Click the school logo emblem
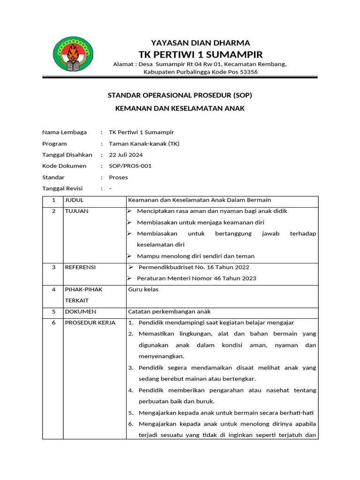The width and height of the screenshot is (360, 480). point(73,55)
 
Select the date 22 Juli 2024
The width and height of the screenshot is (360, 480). point(126,155)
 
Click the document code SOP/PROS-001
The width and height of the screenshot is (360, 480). point(130,166)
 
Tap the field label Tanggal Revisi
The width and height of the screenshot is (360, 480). point(62,188)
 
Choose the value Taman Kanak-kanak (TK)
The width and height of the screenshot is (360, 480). point(144,143)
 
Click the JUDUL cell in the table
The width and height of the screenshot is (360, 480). point(74,200)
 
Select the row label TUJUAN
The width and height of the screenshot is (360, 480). point(76,211)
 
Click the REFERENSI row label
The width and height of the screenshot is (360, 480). point(80,267)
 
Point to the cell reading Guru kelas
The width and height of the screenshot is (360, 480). point(143,289)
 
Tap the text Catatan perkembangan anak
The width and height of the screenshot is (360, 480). point(169,312)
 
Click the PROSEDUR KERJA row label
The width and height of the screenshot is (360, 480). point(90,323)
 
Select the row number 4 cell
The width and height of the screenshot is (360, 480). point(53,289)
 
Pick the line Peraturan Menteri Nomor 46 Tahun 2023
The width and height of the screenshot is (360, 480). point(196,278)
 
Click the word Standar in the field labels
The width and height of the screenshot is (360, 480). point(53,177)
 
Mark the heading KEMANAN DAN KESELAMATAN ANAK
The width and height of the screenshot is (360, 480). point(180,109)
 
